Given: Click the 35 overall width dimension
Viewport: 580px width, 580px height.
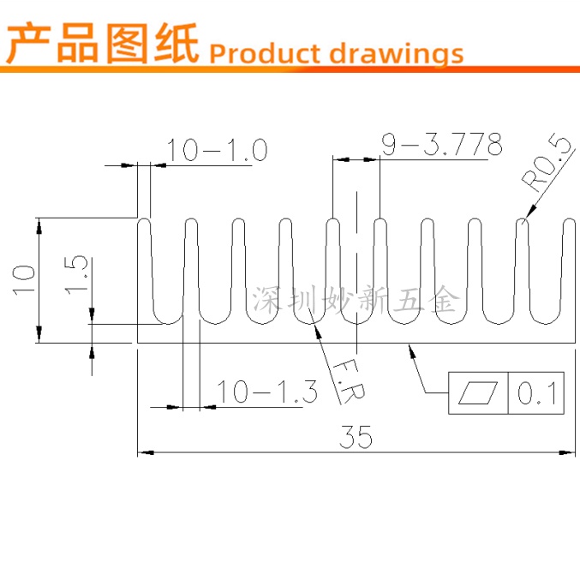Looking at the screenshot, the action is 356,437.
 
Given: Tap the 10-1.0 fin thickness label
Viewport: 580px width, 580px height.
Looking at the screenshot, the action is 218,151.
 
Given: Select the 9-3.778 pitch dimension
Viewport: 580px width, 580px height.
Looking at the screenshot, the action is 441,146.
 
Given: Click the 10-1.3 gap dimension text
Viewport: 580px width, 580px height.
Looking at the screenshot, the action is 267,392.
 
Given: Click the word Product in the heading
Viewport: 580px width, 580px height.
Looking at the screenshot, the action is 263,53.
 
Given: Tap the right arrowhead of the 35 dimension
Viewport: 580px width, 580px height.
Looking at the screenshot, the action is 568,451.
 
